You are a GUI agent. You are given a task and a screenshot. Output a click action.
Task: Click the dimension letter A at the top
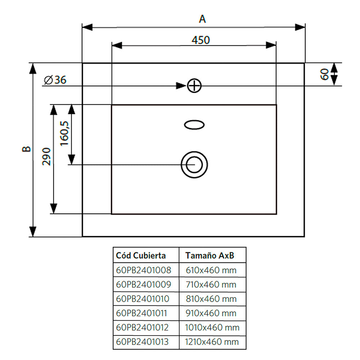[203, 19]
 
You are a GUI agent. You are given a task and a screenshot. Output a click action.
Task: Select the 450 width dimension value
[200, 40]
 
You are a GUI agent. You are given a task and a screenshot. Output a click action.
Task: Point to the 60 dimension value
[325, 75]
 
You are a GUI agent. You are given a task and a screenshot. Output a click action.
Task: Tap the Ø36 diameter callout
[55, 80]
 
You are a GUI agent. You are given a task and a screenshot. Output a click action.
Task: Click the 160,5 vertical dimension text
[65, 133]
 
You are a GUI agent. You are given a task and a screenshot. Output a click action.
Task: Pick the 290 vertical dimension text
[47, 156]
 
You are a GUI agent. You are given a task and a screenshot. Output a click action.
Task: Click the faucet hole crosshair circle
[194, 86]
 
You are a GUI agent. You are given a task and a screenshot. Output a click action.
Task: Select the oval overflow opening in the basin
[194, 125]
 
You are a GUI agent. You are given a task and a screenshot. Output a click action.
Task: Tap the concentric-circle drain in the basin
[194, 165]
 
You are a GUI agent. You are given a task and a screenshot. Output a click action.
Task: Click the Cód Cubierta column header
[141, 256]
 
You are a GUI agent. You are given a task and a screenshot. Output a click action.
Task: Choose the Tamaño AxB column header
[210, 256]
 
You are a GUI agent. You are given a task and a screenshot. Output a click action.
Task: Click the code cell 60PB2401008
[144, 270]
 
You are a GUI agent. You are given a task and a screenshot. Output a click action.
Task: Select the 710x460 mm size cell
[211, 284]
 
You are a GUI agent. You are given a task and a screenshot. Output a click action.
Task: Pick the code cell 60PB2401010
[143, 298]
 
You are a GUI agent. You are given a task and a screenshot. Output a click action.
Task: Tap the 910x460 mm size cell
[211, 313]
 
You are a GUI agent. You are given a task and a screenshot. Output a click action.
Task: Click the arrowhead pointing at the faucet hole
[181, 86]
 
